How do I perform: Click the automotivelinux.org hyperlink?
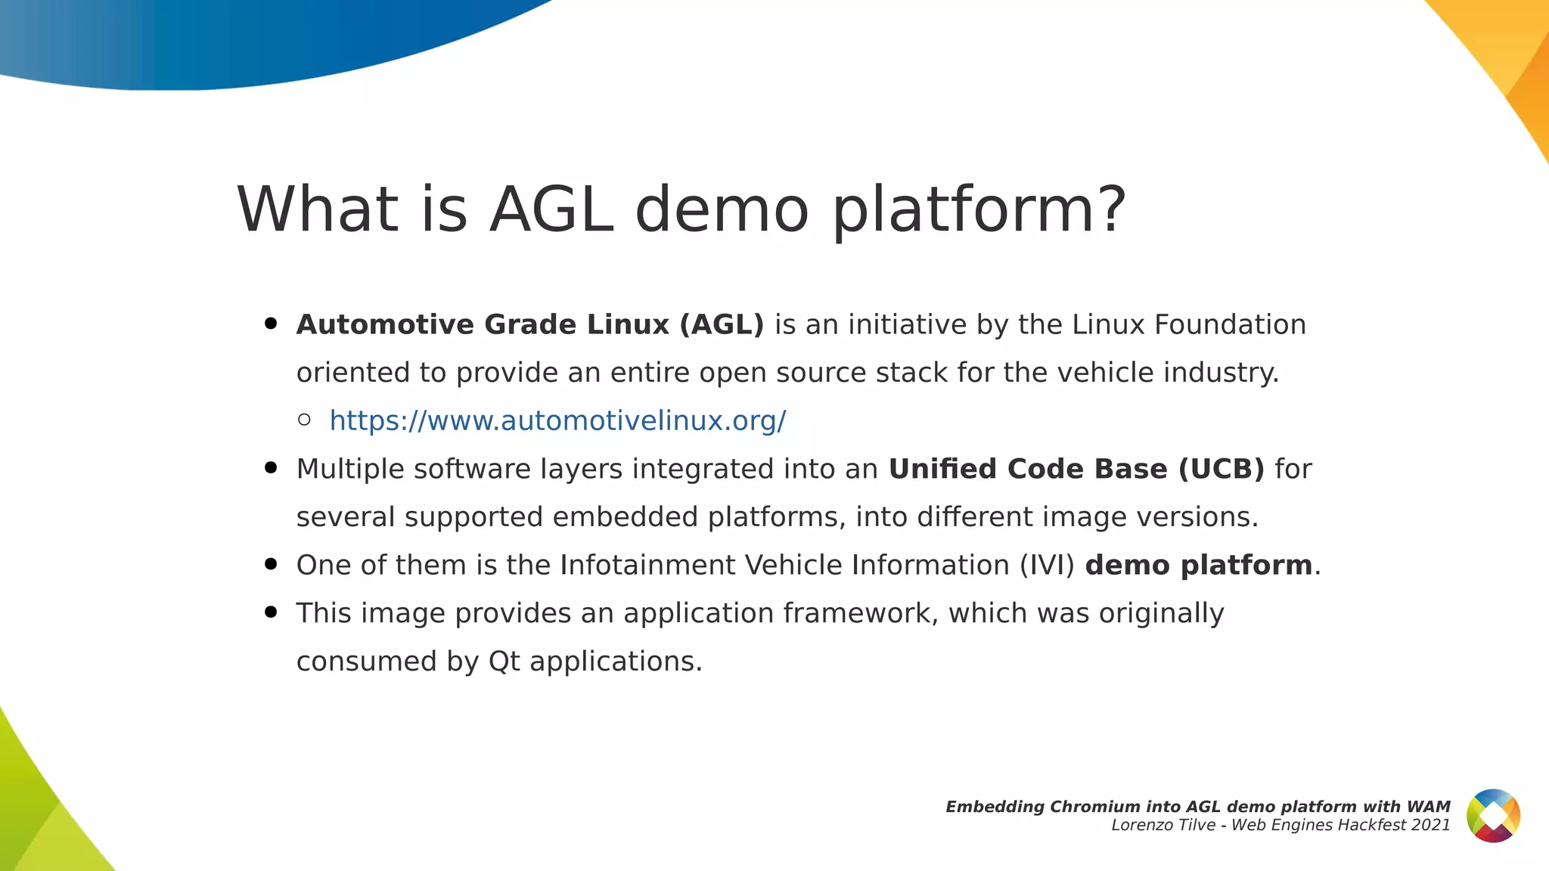click(x=557, y=420)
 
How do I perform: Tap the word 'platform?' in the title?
click(x=979, y=209)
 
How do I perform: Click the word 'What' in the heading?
click(x=317, y=209)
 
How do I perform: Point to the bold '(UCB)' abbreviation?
click(x=1221, y=469)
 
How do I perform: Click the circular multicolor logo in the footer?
click(x=1493, y=816)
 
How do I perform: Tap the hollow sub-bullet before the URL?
click(x=304, y=420)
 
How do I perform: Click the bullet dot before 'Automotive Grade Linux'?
click(x=271, y=324)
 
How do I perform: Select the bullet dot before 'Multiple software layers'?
click(x=271, y=468)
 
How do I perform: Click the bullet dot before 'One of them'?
click(x=271, y=564)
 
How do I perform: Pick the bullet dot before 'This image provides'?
click(x=271, y=612)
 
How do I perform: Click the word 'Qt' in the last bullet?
click(x=504, y=662)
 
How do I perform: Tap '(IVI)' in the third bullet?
click(x=1047, y=566)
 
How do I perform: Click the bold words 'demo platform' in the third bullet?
click(x=1198, y=566)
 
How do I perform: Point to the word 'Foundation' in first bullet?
click(x=1230, y=324)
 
